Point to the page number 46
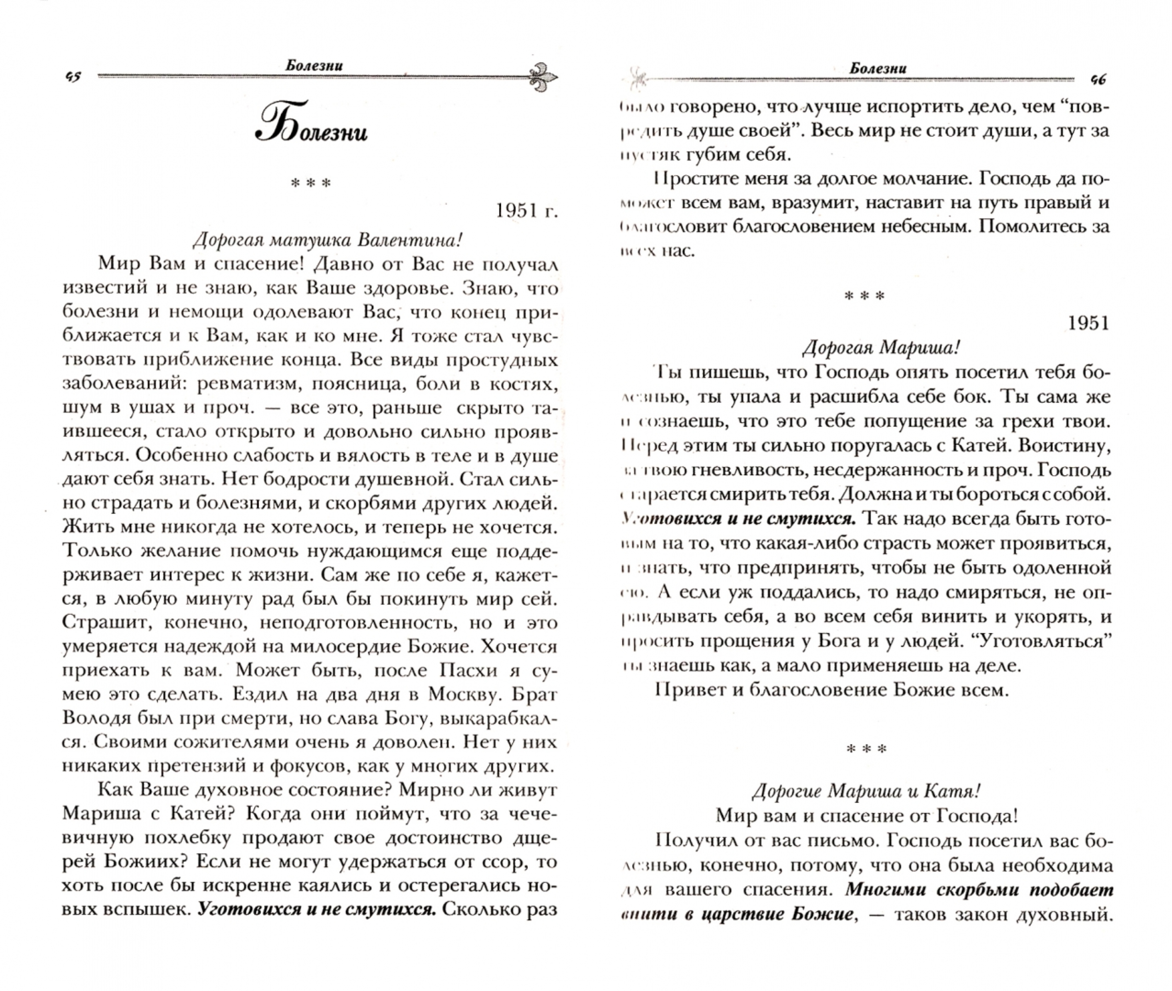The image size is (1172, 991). click(1097, 80)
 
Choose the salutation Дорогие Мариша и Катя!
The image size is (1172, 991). click(866, 791)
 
